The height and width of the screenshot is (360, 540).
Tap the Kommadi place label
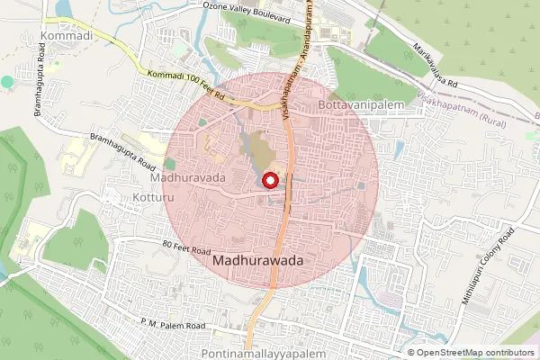tap(67, 36)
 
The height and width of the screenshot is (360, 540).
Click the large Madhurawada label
tap(259, 260)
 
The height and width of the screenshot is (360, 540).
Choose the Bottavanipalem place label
tap(370, 105)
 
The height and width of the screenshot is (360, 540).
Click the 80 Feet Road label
tap(186, 248)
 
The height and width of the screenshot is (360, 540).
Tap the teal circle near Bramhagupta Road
tap(8, 81)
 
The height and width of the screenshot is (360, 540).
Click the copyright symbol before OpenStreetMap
tap(411, 353)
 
